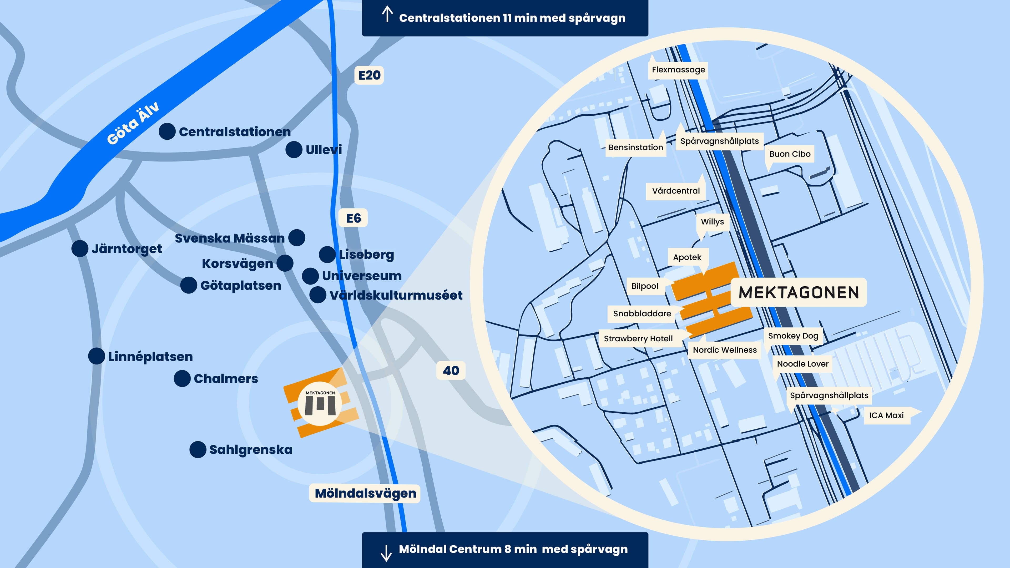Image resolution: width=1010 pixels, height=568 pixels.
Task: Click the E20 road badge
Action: click(x=369, y=75)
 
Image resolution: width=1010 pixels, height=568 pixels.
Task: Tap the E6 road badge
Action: click(x=353, y=218)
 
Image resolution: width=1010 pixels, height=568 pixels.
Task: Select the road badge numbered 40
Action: click(x=451, y=371)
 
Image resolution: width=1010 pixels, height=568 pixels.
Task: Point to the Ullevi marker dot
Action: click(x=294, y=150)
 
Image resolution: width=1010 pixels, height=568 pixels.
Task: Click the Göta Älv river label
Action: click(x=133, y=123)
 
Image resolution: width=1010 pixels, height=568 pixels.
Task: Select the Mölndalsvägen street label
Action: click(x=365, y=493)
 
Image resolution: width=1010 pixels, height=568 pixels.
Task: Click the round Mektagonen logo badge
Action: click(x=320, y=403)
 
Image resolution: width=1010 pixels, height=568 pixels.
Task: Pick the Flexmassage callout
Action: click(x=678, y=70)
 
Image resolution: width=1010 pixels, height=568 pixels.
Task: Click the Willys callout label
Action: click(x=713, y=222)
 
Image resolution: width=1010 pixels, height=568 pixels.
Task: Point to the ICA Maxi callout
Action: click(x=886, y=415)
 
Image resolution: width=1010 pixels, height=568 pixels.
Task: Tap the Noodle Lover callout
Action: click(x=802, y=364)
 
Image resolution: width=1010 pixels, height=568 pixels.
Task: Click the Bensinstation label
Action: click(x=635, y=147)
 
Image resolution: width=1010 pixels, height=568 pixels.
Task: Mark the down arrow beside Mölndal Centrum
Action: click(x=386, y=553)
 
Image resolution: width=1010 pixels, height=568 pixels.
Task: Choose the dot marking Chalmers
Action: click(x=182, y=379)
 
